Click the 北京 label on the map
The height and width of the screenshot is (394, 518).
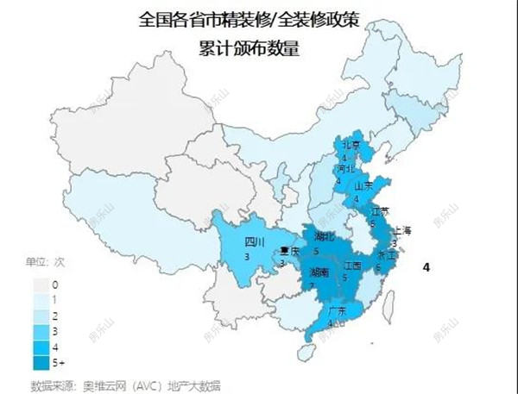[350, 146]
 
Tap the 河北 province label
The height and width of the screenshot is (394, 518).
[344, 169]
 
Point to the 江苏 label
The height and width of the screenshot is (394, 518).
[378, 210]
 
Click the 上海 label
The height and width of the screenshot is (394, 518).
[402, 230]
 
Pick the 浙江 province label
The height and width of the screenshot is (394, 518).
[386, 255]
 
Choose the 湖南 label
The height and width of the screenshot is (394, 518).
[319, 272]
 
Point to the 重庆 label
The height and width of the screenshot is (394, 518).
[290, 252]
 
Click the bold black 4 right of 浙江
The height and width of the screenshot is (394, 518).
[426, 267]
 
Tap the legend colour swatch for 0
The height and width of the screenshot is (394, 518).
[39, 283]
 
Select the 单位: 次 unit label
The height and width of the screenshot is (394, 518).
[44, 261]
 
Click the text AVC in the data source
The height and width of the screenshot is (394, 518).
[134, 384]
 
